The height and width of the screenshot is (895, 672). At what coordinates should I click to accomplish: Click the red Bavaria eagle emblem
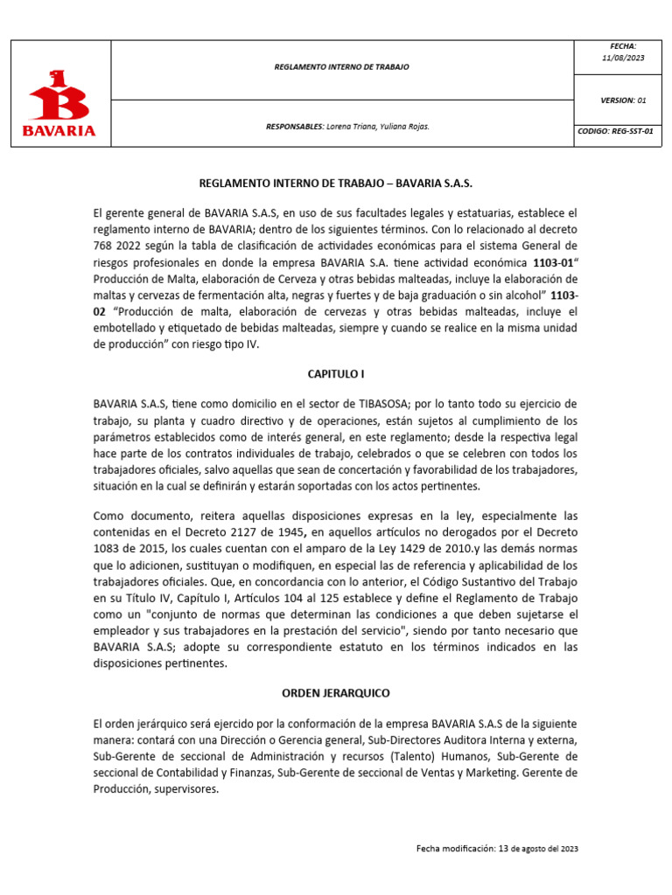pyautogui.click(x=59, y=95)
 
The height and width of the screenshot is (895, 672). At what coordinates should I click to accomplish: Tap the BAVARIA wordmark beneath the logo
pyautogui.click(x=59, y=131)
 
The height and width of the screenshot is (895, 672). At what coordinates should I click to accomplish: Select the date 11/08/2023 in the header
pyautogui.click(x=623, y=58)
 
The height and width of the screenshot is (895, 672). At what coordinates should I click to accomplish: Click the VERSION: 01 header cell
pyautogui.click(x=623, y=101)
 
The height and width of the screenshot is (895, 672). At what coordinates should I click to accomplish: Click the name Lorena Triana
pyautogui.click(x=352, y=127)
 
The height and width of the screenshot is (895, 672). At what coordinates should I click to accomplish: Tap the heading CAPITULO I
pyautogui.click(x=336, y=373)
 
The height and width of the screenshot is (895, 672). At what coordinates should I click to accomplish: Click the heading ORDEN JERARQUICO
pyautogui.click(x=336, y=693)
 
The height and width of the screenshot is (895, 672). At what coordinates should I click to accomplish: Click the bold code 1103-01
pyautogui.click(x=552, y=262)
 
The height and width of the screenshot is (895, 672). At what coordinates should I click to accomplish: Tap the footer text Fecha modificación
pyautogui.click(x=455, y=849)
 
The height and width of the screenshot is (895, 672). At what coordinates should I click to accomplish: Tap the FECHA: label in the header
pyautogui.click(x=623, y=45)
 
